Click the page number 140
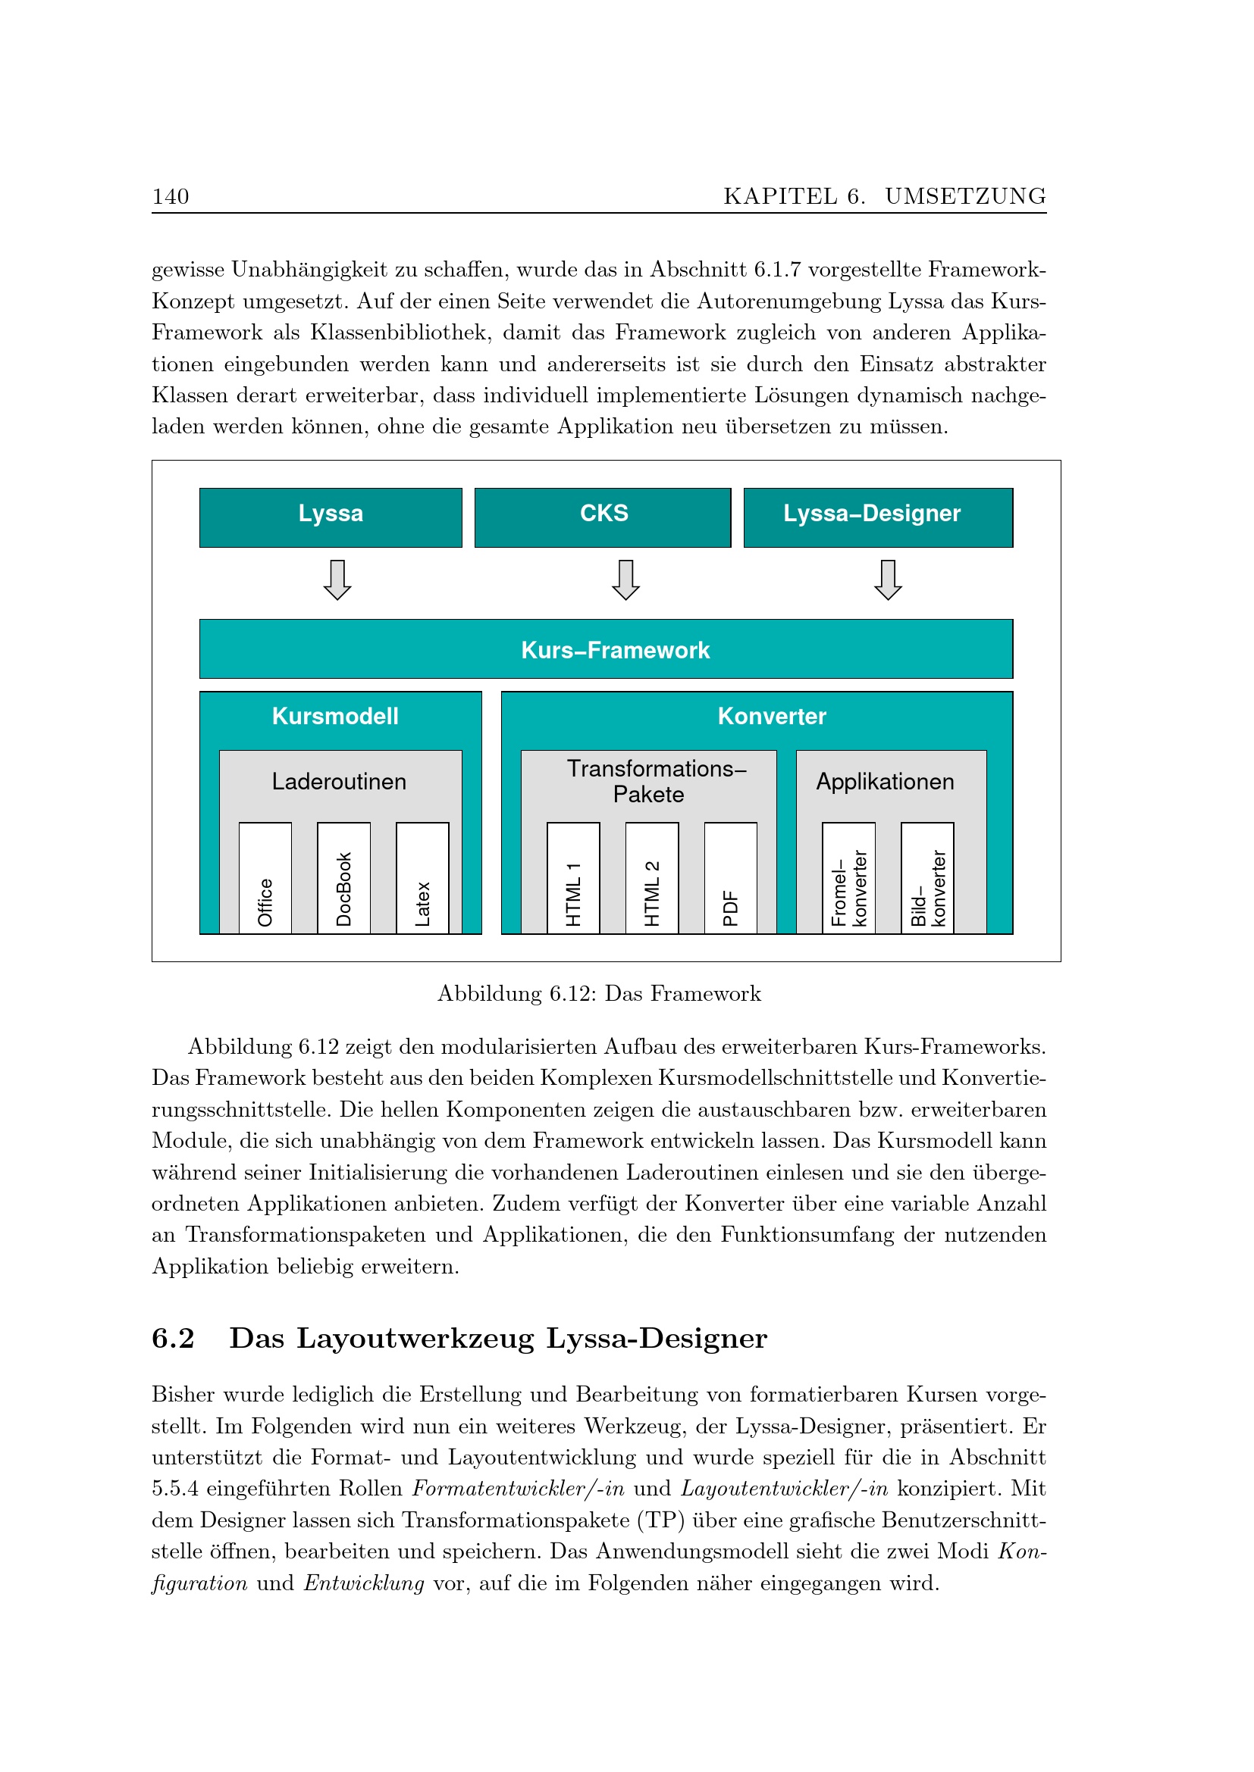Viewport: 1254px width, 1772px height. tap(171, 197)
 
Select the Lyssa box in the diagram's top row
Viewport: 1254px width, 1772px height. tap(331, 517)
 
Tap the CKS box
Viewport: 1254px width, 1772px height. tap(602, 517)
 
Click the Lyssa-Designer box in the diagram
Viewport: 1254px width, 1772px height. tap(878, 517)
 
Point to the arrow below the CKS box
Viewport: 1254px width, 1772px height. tap(625, 580)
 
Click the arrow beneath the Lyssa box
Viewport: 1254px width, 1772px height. tap(337, 580)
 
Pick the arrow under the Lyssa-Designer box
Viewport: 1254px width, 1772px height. tap(888, 580)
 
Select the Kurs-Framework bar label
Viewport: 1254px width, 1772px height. tap(615, 650)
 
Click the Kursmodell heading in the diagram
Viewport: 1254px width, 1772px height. tap(335, 716)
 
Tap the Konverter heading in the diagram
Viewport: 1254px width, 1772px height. tap(771, 716)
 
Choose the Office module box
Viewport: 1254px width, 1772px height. tap(265, 878)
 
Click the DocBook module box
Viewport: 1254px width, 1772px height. tap(343, 878)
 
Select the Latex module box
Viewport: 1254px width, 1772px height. tap(422, 878)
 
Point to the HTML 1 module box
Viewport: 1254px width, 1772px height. tap(573, 878)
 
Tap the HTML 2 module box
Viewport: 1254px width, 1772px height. tap(652, 878)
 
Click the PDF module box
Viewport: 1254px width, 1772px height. tap(730, 878)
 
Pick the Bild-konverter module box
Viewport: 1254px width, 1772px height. tap(927, 878)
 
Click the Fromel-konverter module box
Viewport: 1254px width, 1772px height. tap(848, 878)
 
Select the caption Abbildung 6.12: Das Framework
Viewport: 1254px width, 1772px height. tap(599, 993)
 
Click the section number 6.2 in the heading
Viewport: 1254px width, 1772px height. tap(173, 1338)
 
